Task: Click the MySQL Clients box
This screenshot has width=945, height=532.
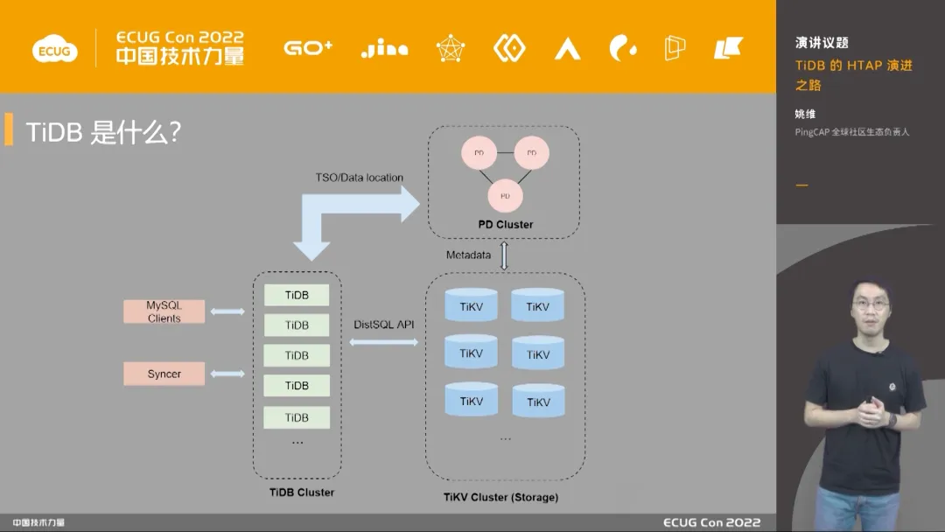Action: pyautogui.click(x=164, y=311)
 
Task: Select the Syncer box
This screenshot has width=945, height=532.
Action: pyautogui.click(x=164, y=374)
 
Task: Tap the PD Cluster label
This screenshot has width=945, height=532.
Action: pyautogui.click(x=505, y=225)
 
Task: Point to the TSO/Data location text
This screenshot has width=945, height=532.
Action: pyautogui.click(x=360, y=178)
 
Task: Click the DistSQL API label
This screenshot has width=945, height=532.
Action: pyautogui.click(x=384, y=325)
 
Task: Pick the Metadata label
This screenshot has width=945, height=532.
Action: pyautogui.click(x=468, y=255)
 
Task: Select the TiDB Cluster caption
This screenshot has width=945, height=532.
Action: pyautogui.click(x=302, y=493)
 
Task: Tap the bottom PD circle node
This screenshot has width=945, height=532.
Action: pyautogui.click(x=505, y=196)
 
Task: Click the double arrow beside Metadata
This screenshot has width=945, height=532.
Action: pyautogui.click(x=504, y=255)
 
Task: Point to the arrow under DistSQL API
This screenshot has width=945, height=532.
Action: pyautogui.click(x=384, y=342)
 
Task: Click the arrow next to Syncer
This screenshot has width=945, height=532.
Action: pyautogui.click(x=227, y=374)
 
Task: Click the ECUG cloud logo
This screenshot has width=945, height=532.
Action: pyautogui.click(x=53, y=50)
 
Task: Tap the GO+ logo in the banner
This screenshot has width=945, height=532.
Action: pyautogui.click(x=308, y=48)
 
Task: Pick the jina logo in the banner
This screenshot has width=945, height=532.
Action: pyautogui.click(x=384, y=49)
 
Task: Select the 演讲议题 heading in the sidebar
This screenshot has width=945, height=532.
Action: pyautogui.click(x=822, y=43)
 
